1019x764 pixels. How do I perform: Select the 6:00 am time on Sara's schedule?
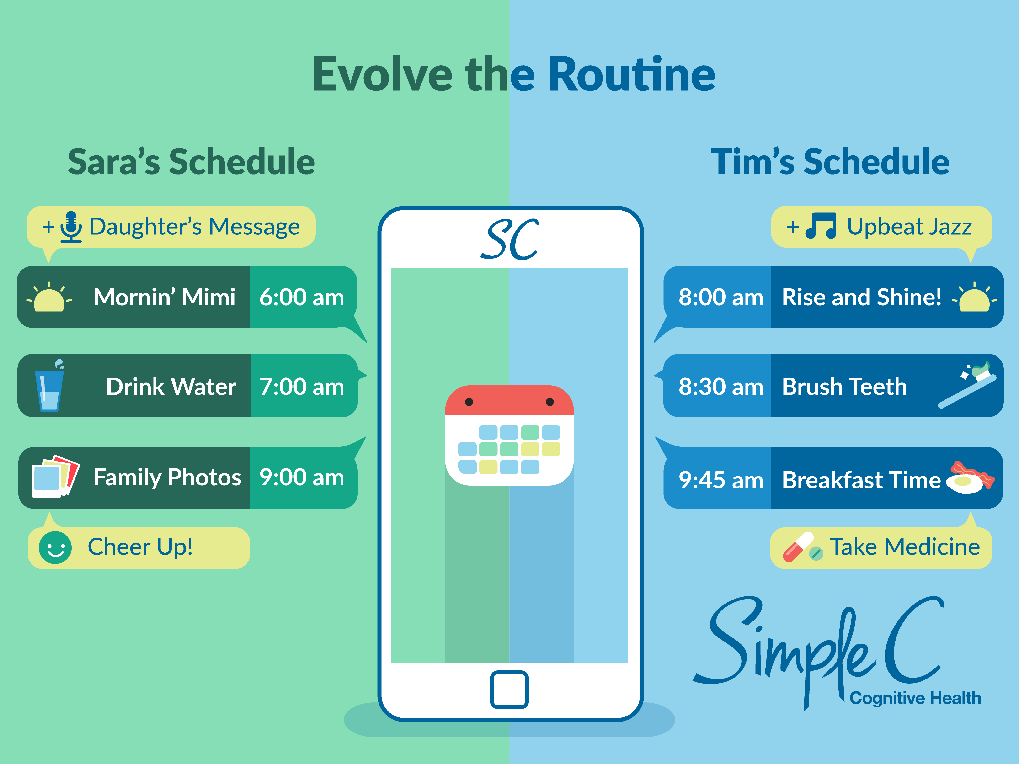tap(302, 297)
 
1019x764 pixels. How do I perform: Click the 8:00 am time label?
tap(721, 297)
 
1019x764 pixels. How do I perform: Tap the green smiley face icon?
tap(55, 547)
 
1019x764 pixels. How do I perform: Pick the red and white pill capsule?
tap(798, 547)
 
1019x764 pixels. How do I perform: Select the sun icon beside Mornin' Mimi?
tap(49, 297)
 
